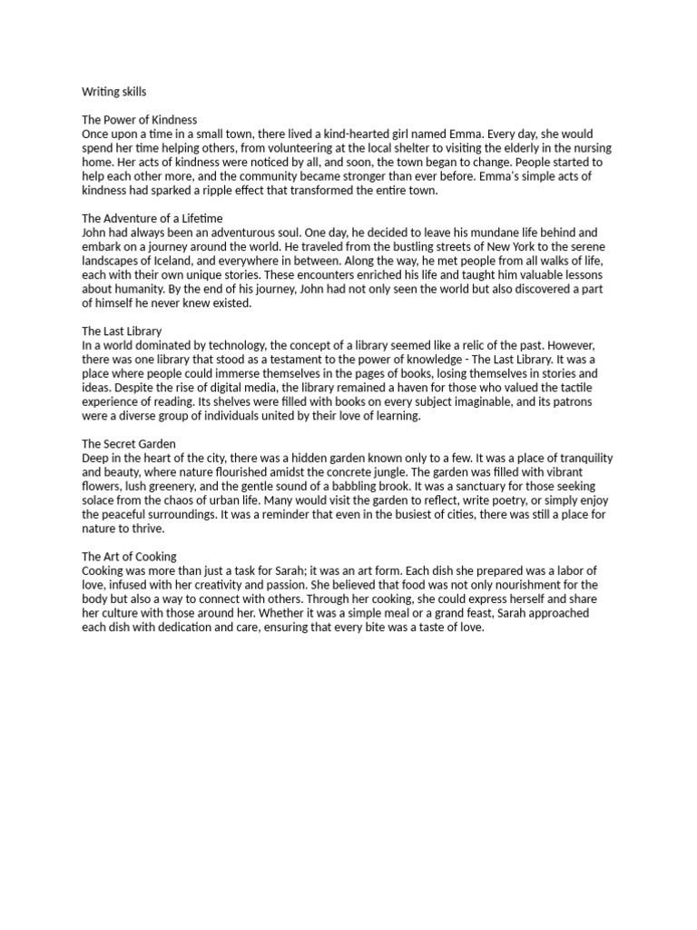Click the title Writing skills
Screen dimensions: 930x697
(113, 93)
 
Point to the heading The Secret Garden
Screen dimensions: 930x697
(129, 444)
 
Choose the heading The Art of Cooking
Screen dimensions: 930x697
(129, 557)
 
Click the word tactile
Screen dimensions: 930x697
(582, 388)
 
